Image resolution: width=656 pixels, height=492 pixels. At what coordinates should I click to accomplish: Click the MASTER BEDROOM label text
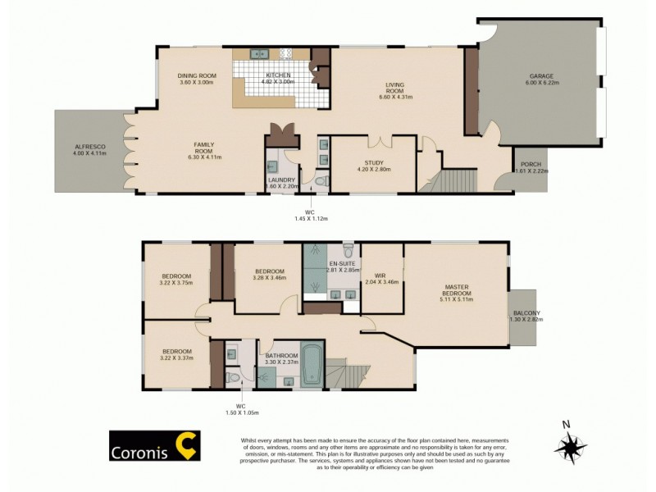tap(457, 293)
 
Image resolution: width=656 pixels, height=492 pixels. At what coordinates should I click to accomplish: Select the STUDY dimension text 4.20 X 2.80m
tap(373, 170)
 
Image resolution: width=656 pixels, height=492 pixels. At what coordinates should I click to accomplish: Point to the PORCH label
tap(529, 164)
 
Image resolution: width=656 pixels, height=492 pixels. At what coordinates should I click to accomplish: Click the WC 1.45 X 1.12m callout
tap(310, 215)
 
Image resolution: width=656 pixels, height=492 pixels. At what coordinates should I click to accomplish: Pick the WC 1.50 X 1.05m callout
tap(240, 409)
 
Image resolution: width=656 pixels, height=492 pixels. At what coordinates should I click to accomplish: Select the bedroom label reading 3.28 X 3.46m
tap(269, 278)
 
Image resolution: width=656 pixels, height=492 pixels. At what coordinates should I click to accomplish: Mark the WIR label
tap(380, 276)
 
